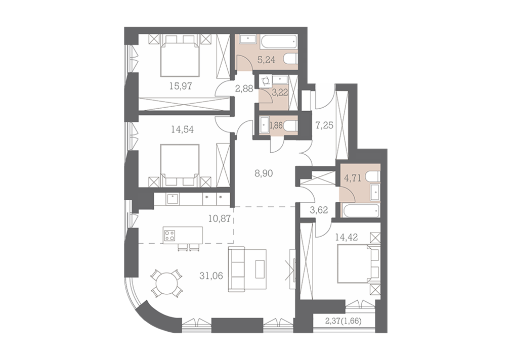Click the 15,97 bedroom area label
[x=180, y=86]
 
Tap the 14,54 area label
[x=183, y=129]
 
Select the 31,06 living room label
[x=211, y=276]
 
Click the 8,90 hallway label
[x=264, y=173]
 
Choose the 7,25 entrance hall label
[x=324, y=125]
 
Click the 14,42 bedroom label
[x=347, y=237]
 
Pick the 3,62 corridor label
[x=319, y=210]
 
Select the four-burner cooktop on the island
[x=170, y=235]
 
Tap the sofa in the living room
[x=236, y=268]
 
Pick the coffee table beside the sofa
[x=261, y=268]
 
